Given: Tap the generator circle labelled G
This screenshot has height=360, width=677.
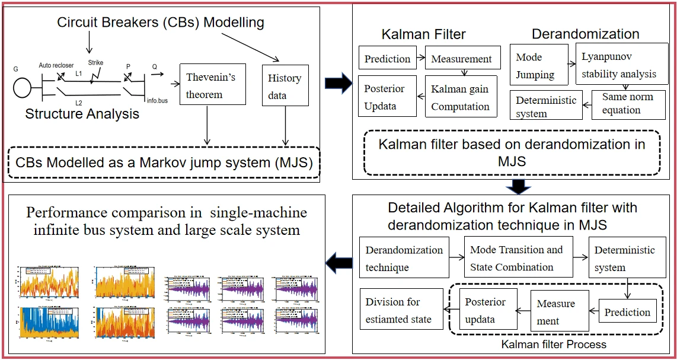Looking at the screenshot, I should [x=24, y=87].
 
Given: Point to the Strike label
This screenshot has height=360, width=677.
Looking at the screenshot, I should [x=95, y=62].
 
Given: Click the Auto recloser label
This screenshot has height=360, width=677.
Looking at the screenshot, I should [x=56, y=65].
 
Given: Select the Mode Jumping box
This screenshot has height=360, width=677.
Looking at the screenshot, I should [x=535, y=66].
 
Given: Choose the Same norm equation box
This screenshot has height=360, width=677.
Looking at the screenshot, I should [x=628, y=104].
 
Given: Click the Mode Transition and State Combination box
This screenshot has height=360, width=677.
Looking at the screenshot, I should [x=516, y=259].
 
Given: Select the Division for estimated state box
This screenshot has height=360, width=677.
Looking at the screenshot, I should [x=401, y=310].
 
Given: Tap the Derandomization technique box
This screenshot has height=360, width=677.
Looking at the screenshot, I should [x=404, y=259].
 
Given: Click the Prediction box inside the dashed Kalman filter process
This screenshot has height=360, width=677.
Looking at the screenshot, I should [x=627, y=312].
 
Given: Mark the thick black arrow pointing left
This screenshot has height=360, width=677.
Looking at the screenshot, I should [x=340, y=262].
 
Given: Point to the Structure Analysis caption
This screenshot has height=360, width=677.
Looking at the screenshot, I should [x=82, y=114].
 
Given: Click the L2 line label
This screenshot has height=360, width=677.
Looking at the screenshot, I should [x=79, y=103].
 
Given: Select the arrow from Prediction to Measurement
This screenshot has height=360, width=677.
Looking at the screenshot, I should [x=421, y=58].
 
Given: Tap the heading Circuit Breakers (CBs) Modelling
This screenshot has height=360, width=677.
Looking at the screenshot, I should [x=160, y=23].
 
